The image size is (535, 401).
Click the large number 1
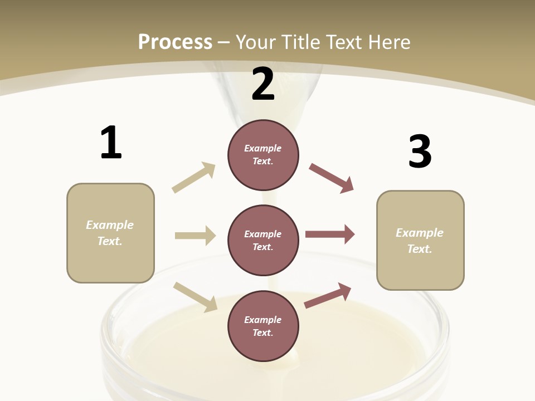[x=111, y=143]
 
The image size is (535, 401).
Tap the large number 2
[x=263, y=84]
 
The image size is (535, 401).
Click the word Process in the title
[x=175, y=42]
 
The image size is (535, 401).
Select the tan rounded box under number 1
[x=110, y=233]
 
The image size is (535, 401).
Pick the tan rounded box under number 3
[x=420, y=240]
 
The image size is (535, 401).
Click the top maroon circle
[x=263, y=155]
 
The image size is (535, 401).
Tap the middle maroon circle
[x=263, y=240]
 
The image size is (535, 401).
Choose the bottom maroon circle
[x=263, y=326]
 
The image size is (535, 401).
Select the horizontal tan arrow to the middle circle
[x=195, y=236]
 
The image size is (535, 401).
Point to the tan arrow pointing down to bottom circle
[x=195, y=296]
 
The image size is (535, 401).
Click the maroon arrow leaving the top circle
[x=331, y=178]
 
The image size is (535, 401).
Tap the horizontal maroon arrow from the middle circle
[x=329, y=234]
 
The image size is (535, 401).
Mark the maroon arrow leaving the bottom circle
[x=328, y=295]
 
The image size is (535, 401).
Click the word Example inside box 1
[x=110, y=225]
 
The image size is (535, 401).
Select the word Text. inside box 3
[x=420, y=249]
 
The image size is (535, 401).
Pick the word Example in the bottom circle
[x=263, y=320]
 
